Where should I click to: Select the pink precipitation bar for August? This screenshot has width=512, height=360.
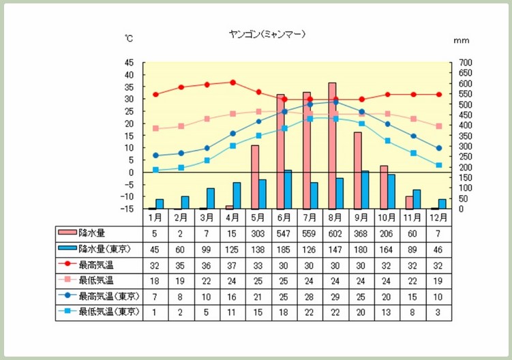[x=332, y=145]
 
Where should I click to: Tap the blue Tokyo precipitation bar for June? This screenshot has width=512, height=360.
[x=288, y=189]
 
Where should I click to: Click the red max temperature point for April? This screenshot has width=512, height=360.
[x=232, y=82]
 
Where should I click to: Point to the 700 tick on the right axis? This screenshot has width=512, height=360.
[x=465, y=63]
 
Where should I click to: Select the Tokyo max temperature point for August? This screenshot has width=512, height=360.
[x=335, y=102]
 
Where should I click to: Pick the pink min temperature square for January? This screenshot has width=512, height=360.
[x=155, y=128]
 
